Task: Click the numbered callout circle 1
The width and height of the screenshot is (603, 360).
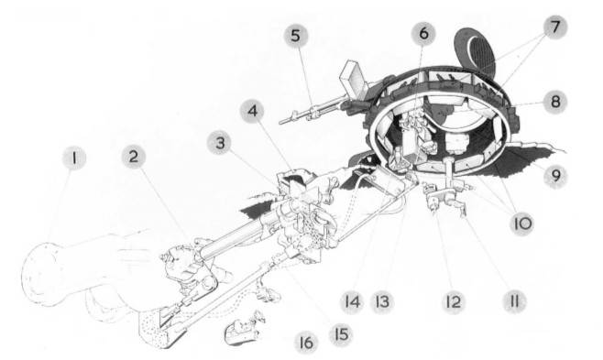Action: coord(74,158)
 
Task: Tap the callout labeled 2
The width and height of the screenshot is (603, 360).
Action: coord(134,157)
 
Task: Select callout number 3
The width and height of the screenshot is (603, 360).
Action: coord(219,143)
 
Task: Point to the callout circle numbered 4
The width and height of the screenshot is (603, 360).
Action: coord(252,112)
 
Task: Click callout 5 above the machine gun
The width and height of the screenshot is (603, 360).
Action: coord(296,36)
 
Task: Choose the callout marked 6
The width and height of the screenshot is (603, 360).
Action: coord(423,33)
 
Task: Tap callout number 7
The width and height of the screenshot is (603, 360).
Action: coord(555,27)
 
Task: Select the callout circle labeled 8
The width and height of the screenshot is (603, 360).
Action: coord(555,102)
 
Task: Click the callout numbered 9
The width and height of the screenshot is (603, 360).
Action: coord(555,175)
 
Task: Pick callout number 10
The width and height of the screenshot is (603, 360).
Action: coord(521,224)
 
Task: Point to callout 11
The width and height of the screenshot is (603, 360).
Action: coord(515,301)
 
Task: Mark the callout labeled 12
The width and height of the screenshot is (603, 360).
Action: coord(454,301)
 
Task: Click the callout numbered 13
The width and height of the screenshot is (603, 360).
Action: coord(382,301)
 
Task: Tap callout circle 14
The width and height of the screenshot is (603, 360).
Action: coord(352,301)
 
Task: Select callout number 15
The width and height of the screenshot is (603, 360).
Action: coord(341,334)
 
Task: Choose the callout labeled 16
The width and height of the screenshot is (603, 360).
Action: coord(306,343)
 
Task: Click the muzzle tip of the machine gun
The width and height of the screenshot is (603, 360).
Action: coord(281,122)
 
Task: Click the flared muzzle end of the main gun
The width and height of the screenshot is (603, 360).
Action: coord(39,274)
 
